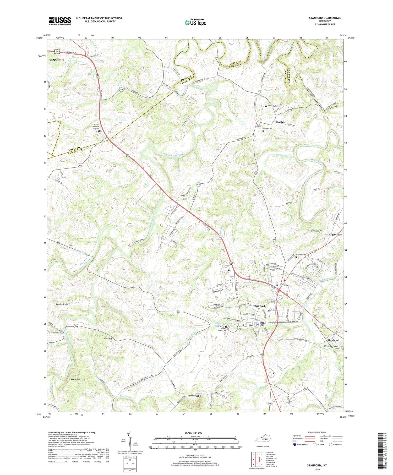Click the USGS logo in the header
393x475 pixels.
pos(60,21)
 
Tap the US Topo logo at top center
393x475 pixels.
pos(195,23)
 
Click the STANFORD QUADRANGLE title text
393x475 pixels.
pos(325,18)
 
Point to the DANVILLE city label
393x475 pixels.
pos(56,60)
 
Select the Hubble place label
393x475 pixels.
pos(280,122)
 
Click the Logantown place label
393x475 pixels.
pos(335,235)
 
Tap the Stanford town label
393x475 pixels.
pos(259,306)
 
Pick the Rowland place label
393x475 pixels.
pos(333,340)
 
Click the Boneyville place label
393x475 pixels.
pos(195,396)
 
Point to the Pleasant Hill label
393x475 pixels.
pos(62,304)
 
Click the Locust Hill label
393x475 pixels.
pos(107,339)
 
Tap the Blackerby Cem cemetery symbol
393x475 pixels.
pos(266,106)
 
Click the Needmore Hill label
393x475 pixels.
pos(331,346)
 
